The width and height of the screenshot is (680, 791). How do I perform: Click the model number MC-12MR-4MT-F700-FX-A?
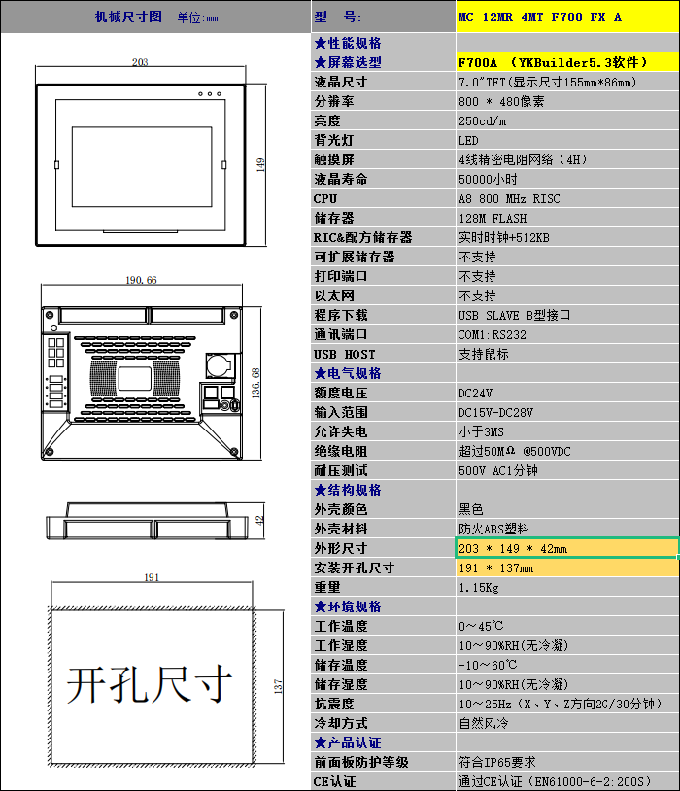coord(540,17)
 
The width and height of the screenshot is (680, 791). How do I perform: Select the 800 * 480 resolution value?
coord(501,101)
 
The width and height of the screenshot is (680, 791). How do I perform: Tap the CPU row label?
coord(325,199)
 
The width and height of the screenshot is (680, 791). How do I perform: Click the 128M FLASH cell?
coord(493,218)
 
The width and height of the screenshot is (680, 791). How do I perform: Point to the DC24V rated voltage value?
coord(475,393)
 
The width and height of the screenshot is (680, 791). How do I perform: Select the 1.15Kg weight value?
coord(478,587)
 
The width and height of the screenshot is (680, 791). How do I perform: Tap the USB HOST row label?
coord(345,354)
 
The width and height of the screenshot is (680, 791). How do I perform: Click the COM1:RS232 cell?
coord(492,334)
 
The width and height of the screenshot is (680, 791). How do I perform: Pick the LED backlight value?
coord(468,140)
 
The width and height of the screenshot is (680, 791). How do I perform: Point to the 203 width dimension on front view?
coord(140,62)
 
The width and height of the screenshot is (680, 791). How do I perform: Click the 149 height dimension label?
coord(260,165)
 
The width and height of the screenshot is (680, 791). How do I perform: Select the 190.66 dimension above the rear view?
coord(141,280)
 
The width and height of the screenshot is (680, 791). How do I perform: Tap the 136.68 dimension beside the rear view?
coord(255,383)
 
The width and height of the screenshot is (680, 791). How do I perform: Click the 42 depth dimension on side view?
coord(259,521)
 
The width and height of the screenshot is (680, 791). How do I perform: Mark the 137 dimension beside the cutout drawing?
coord(278,686)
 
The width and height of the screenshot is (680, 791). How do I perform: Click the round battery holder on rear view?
coord(219,364)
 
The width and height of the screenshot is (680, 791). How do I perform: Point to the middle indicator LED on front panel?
coord(210,94)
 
